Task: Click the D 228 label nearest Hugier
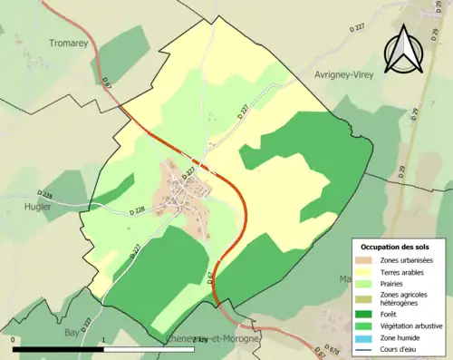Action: coord(46,193)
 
